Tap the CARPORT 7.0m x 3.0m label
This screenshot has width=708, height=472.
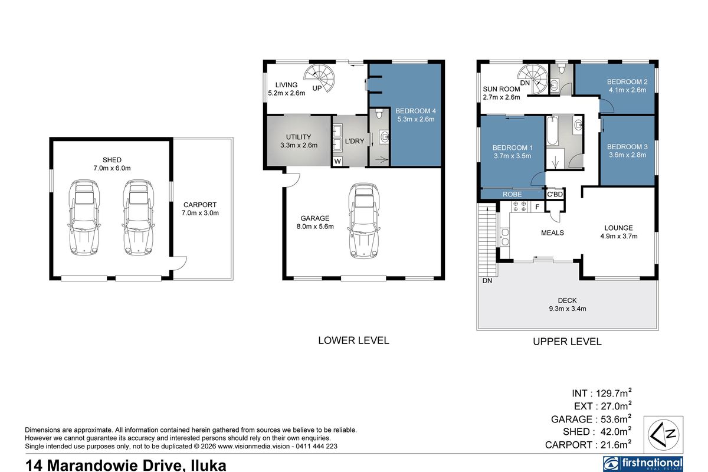pyautogui.click(x=200, y=209)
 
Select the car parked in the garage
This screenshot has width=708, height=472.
pyautogui.click(x=363, y=220)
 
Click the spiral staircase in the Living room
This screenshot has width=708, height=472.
pyautogui.click(x=319, y=78)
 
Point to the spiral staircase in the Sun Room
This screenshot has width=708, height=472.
pyautogui.click(x=533, y=78)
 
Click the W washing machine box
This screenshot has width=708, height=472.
pyautogui.click(x=337, y=161)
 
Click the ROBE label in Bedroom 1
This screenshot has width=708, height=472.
pyautogui.click(x=512, y=194)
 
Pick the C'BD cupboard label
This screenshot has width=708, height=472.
pyautogui.click(x=555, y=194)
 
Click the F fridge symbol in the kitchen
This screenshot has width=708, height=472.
pyautogui.click(x=537, y=207)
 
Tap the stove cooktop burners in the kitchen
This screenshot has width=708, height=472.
pyautogui.click(x=520, y=206)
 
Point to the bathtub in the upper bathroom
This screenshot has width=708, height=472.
pyautogui.click(x=552, y=131)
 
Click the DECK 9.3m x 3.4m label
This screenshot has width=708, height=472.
pyautogui.click(x=568, y=304)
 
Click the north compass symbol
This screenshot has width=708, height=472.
pyautogui.click(x=663, y=434)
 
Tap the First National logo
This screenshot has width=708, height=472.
pyautogui.click(x=643, y=464)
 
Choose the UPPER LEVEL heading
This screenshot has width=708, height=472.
pyautogui.click(x=567, y=342)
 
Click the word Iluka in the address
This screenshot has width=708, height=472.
pyautogui.click(x=209, y=465)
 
